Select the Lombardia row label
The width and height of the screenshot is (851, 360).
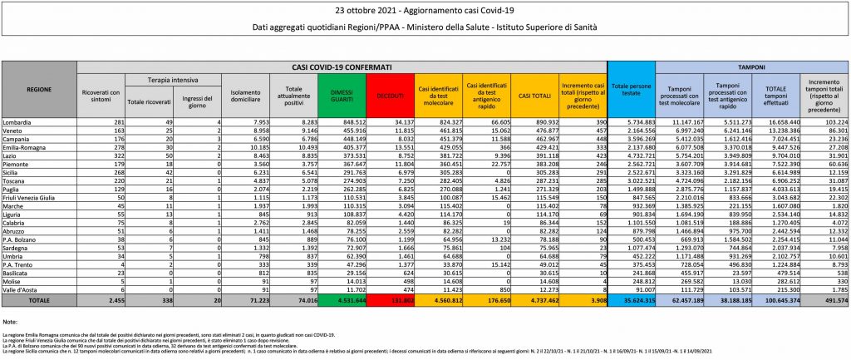point(18,121)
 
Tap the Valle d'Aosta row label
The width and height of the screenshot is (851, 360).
point(22,288)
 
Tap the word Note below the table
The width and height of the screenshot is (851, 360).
point(11,321)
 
